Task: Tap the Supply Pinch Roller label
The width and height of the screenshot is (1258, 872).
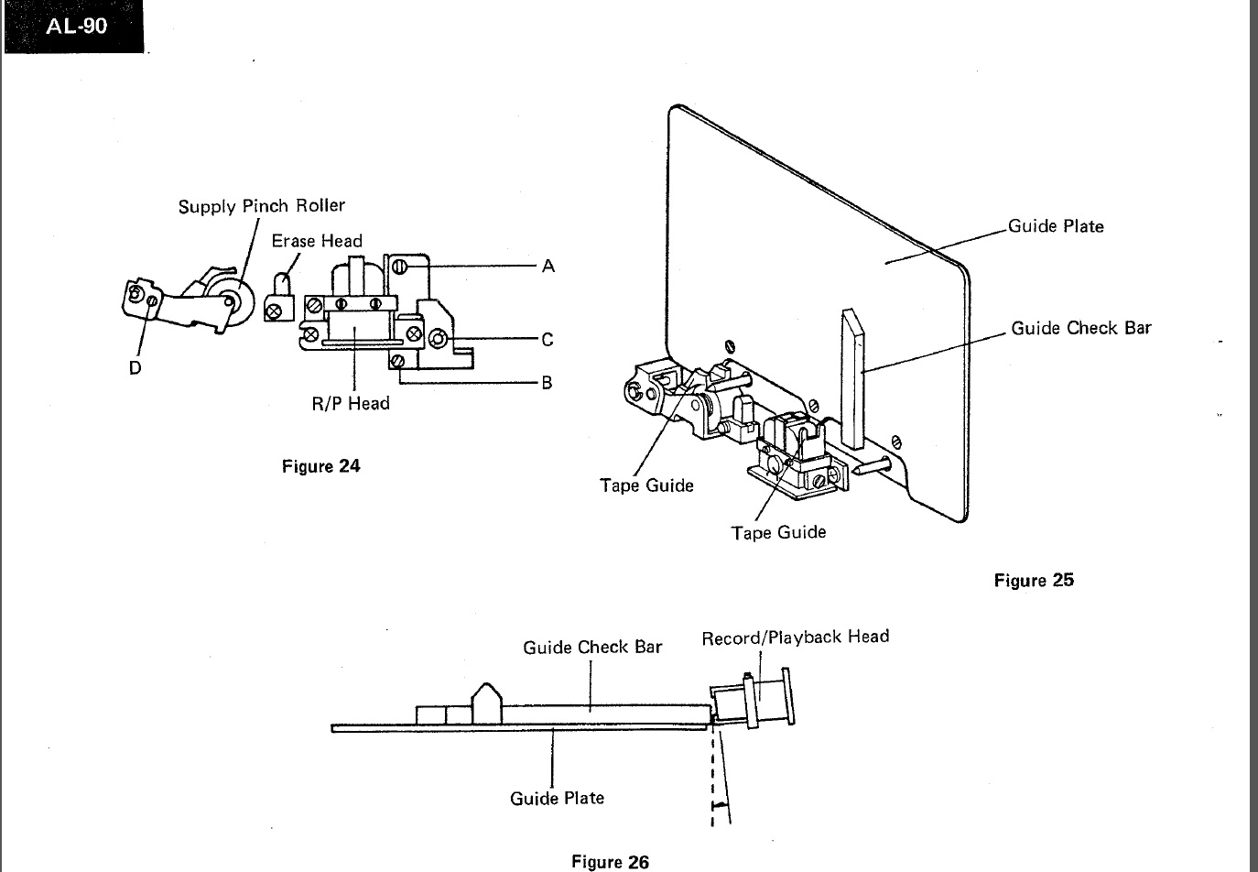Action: (261, 206)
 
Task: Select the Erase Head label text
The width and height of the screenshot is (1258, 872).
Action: (317, 241)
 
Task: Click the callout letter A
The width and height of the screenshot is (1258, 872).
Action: (548, 267)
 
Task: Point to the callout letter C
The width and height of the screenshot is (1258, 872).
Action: (548, 340)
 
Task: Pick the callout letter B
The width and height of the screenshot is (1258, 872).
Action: (547, 383)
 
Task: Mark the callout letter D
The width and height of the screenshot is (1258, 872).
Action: (136, 367)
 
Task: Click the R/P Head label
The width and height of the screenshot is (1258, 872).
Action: (351, 403)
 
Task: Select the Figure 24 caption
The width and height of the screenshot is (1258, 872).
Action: (320, 466)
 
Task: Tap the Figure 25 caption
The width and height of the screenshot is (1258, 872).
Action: (1034, 580)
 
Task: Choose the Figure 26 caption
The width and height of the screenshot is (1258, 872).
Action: (610, 861)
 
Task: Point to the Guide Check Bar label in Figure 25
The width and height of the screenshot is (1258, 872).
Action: (1080, 328)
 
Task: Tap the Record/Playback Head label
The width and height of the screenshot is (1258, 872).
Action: (795, 637)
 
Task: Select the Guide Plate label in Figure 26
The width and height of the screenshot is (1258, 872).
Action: (557, 798)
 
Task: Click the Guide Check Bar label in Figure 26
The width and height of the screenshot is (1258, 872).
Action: (592, 648)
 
